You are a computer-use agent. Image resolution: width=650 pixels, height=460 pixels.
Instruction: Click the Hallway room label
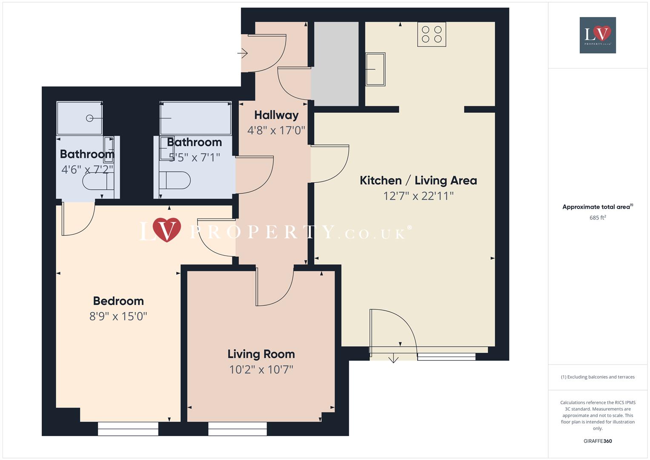276,115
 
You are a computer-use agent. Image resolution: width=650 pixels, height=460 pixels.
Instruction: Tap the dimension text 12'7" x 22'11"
418,196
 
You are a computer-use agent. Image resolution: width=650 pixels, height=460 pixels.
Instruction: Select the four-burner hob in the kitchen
432,34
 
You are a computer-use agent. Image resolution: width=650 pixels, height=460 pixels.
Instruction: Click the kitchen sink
375,69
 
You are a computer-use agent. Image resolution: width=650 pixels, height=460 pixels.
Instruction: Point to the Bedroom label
118,301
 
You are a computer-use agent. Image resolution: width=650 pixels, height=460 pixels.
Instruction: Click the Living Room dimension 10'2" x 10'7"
261,369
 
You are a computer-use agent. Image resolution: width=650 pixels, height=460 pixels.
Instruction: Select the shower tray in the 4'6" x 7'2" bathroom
80,118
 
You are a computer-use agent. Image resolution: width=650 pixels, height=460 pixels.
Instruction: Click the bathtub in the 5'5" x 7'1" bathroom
195,118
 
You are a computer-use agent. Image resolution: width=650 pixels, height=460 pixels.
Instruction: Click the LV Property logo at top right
598,35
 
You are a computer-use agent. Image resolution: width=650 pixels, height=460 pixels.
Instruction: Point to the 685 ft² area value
598,218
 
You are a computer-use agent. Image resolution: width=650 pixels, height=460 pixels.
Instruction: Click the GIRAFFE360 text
598,441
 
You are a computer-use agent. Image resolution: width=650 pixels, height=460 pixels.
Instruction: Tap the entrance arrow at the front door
243,53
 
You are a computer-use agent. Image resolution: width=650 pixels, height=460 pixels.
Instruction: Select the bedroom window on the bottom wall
128,428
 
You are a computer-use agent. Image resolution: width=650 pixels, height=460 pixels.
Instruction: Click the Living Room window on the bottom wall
238,428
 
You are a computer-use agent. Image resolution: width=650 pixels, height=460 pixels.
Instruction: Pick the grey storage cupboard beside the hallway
336,64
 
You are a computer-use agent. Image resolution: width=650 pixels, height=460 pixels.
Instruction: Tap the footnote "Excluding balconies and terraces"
598,377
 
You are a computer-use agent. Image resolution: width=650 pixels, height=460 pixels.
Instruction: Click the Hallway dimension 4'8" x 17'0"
276,130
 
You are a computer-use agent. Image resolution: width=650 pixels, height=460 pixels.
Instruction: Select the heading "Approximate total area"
596,207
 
